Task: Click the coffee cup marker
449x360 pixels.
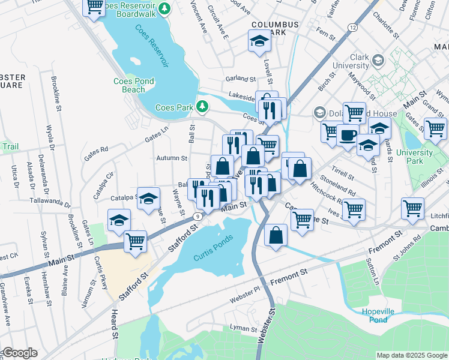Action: tap(348, 136)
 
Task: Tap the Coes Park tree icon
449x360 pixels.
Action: tap(203, 107)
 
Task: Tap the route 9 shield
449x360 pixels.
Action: tap(197, 216)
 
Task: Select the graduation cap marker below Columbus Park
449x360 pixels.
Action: tap(260, 41)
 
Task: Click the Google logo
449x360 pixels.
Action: tap(20, 353)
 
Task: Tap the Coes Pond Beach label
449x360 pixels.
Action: tap(134, 85)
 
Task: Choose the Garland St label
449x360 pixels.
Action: tap(241, 79)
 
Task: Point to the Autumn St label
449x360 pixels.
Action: tap(172, 158)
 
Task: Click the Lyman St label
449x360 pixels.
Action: tap(243, 328)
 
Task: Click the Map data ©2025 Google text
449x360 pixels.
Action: tap(411, 355)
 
